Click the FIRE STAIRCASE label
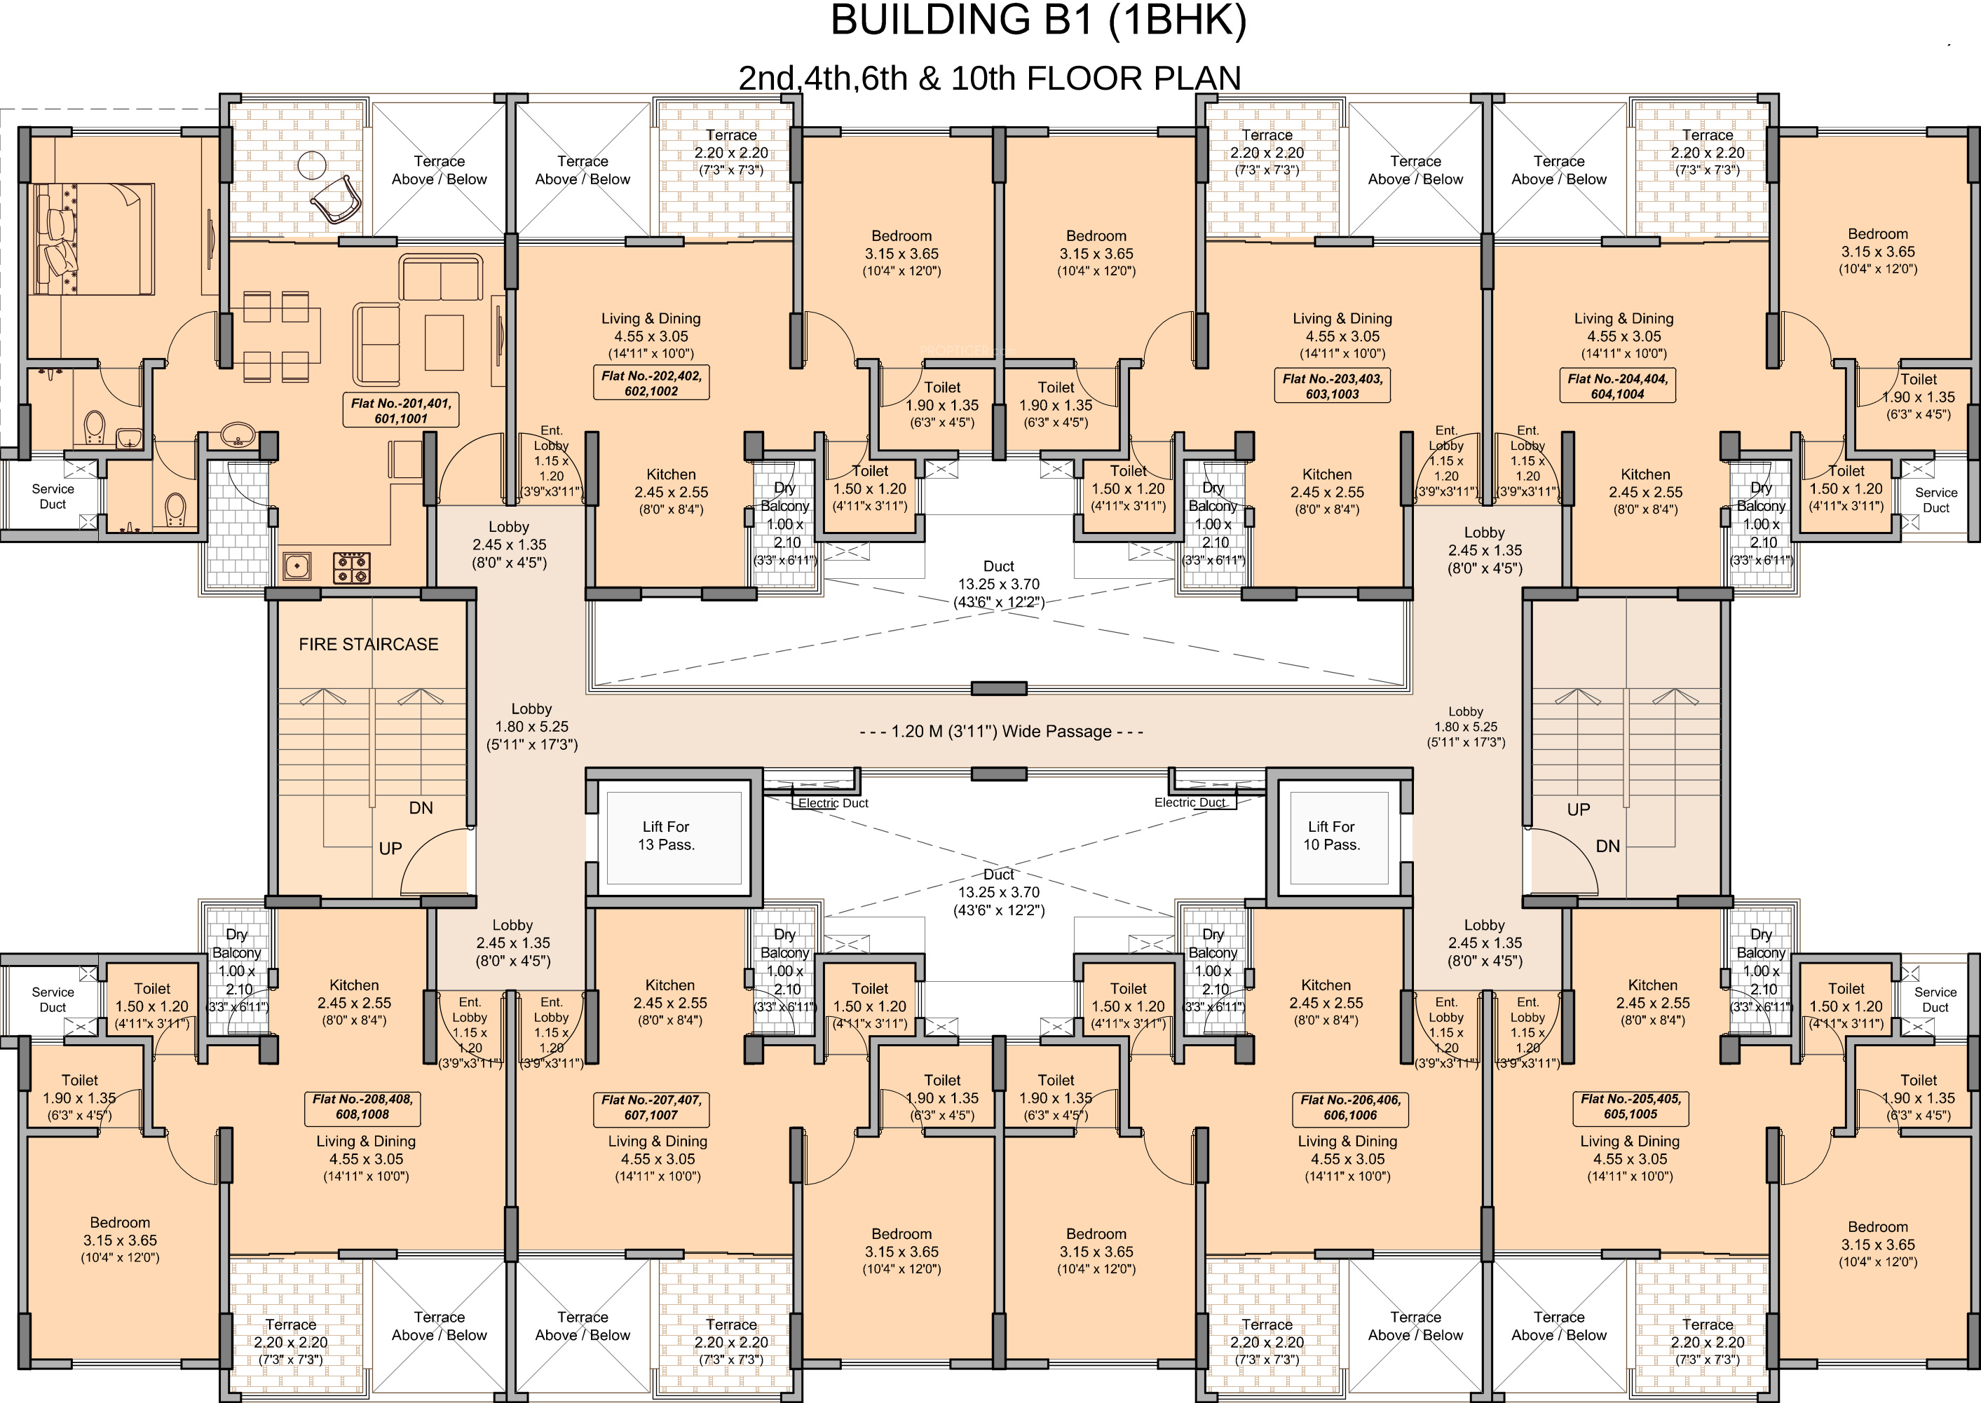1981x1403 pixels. [x=369, y=645]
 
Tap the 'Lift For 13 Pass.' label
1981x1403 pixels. [x=666, y=835]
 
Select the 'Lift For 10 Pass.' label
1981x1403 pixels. [x=1331, y=835]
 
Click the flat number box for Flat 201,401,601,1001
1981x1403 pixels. [x=401, y=411]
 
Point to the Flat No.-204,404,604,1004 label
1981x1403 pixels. [x=1617, y=386]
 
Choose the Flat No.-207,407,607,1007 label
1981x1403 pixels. [x=651, y=1107]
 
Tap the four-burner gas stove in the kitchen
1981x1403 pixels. [x=353, y=568]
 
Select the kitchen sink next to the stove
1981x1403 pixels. [x=297, y=567]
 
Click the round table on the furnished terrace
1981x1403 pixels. [x=311, y=164]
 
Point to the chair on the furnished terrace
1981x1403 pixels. [x=336, y=200]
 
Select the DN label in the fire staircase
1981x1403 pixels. [x=421, y=808]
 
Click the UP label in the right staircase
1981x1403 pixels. [x=1579, y=809]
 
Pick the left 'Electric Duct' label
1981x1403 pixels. [x=833, y=802]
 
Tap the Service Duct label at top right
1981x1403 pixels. [x=1935, y=500]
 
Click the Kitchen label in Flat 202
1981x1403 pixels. [x=672, y=474]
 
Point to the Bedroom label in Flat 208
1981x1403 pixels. [x=120, y=1222]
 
